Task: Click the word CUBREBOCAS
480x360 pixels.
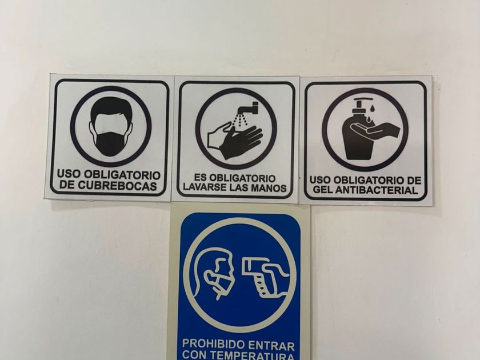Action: point(117,186)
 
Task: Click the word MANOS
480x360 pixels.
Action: point(269,187)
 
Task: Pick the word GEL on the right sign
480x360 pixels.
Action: point(323,190)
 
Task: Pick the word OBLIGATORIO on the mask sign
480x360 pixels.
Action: point(122,175)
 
